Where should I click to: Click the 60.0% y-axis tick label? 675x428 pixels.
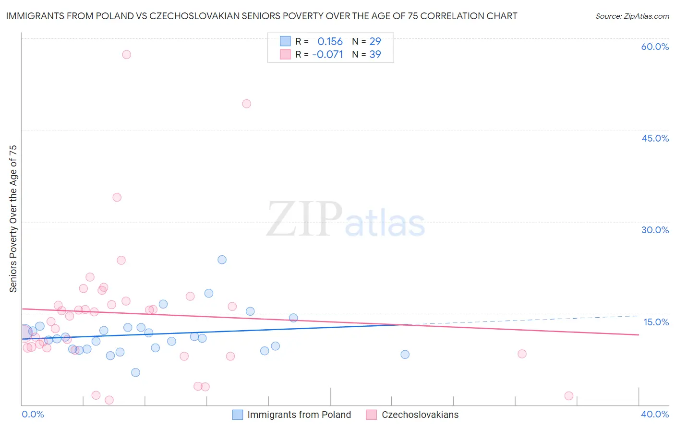tap(655, 47)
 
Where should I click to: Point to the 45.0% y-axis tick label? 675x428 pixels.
tap(655, 138)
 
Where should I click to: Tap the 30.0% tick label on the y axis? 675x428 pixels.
tap(655, 230)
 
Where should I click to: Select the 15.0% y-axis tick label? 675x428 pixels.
tap(656, 322)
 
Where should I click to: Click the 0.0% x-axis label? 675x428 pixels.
tap(33, 414)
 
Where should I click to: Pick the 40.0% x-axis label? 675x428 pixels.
tap(655, 414)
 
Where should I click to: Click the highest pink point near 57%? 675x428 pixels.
tap(126, 55)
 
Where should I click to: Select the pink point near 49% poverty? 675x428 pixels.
tap(247, 104)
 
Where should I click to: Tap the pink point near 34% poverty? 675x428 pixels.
tap(117, 197)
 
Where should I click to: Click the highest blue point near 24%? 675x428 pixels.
tap(222, 260)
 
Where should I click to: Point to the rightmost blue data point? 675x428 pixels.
tap(405, 355)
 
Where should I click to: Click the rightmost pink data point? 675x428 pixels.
tap(569, 396)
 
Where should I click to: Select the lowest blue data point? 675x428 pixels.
tap(135, 372)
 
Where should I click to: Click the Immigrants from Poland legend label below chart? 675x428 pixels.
tap(299, 415)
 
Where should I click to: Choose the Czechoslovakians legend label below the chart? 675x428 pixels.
tap(420, 415)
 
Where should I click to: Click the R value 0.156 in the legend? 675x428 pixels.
tap(330, 42)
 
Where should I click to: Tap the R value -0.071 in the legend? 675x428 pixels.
tap(327, 55)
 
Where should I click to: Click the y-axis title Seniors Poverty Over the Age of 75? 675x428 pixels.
tap(13, 219)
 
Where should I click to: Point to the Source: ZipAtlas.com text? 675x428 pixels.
tap(632, 16)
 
